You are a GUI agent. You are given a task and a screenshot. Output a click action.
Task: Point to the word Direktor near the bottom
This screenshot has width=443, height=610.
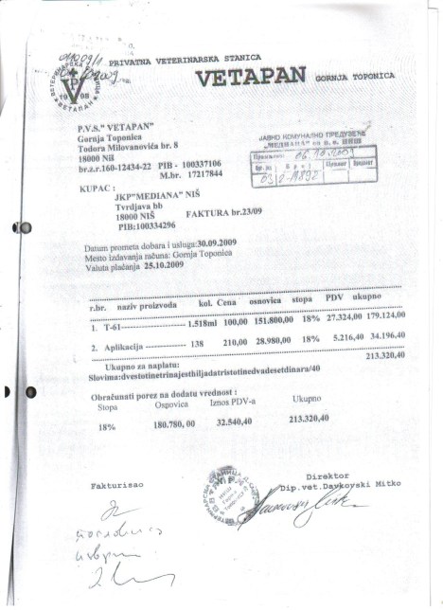tap(327, 475)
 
